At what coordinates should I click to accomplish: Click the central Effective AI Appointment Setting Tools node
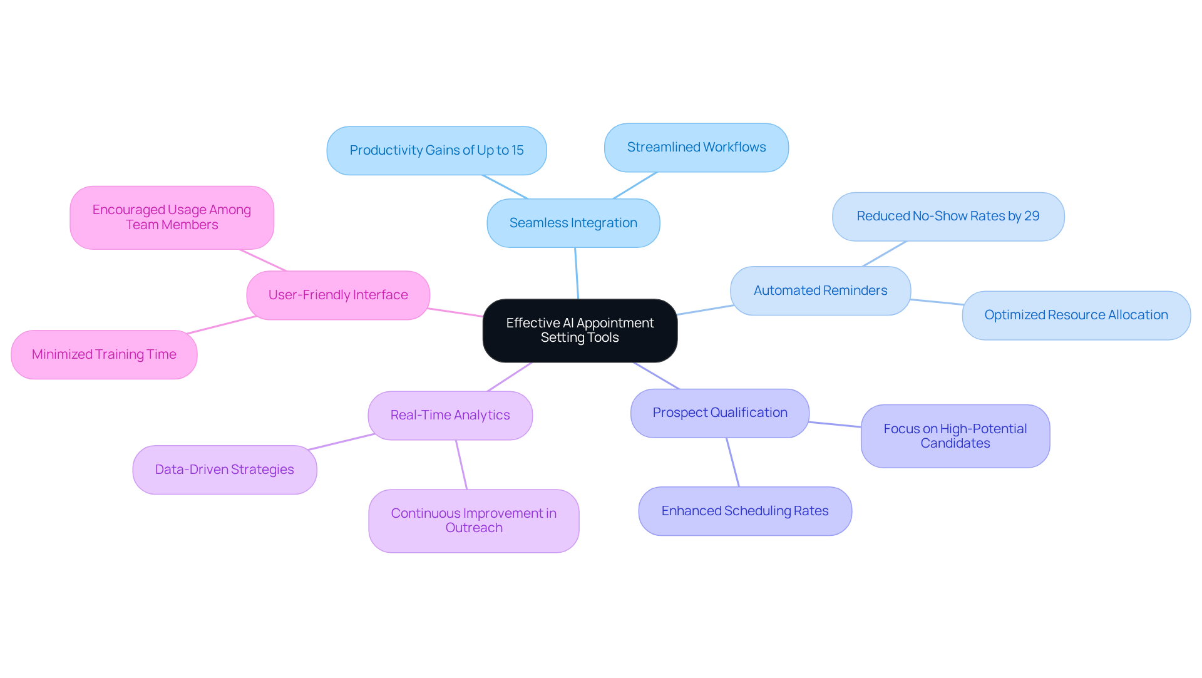point(580,331)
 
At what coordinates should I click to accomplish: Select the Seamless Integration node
point(573,223)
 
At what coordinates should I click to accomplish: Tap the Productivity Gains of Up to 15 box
point(436,150)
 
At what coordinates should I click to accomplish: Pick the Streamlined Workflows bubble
point(696,147)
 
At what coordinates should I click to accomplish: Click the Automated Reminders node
point(820,290)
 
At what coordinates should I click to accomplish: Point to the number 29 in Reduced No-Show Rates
point(1032,216)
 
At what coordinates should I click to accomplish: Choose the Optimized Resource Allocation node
point(1076,315)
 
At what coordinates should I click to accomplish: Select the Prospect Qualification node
point(719,413)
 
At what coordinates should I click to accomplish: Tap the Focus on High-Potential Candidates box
point(955,436)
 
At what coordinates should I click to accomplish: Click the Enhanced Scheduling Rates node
point(744,511)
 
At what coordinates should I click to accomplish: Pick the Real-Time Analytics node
point(449,415)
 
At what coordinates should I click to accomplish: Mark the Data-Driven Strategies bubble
point(224,470)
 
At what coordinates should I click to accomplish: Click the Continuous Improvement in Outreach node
point(473,520)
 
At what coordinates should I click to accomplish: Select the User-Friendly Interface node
point(338,295)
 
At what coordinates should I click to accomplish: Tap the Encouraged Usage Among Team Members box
point(172,217)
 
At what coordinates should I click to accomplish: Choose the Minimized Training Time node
point(104,354)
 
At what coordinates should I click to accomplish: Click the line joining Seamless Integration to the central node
point(577,274)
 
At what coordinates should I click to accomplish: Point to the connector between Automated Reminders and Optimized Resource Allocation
point(937,302)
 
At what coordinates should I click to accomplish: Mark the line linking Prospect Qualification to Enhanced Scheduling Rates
point(732,462)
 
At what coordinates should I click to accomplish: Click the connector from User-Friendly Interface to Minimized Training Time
point(222,325)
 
